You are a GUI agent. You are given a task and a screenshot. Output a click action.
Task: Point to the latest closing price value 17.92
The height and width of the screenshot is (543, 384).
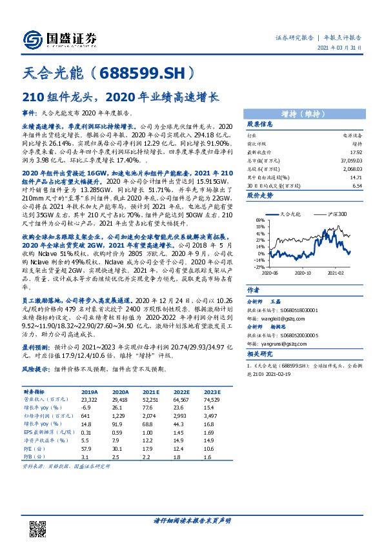tap(354, 152)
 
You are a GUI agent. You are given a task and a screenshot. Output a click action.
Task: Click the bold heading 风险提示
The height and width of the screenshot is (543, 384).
tap(37, 370)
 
